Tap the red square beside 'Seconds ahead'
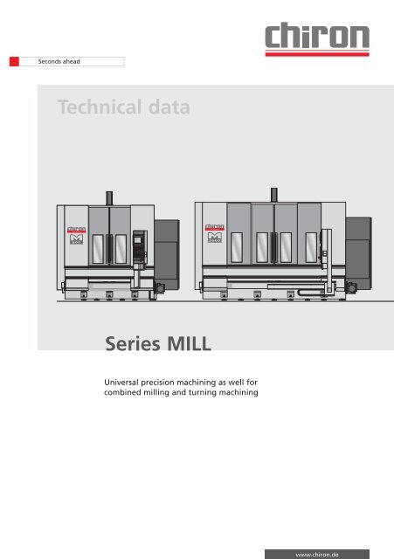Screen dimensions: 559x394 pos(14,62)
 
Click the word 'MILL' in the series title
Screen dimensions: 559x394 pos(185,340)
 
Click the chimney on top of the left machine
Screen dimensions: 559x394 pos(109,197)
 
